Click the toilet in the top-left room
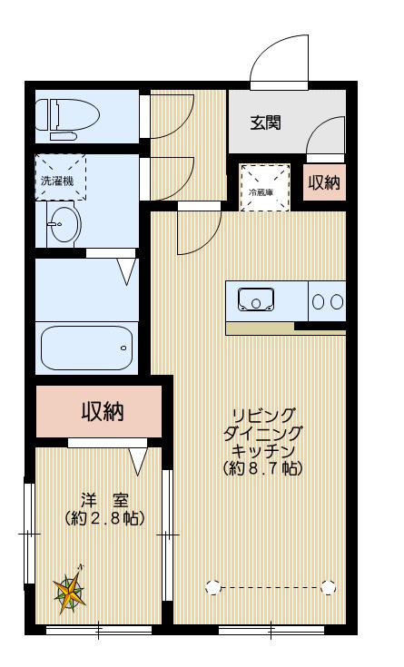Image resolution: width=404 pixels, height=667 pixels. coord(68,116)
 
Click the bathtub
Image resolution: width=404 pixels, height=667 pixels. coord(87,345)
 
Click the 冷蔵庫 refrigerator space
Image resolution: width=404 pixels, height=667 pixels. coord(266,187)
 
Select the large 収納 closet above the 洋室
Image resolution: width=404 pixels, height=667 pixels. coord(100,411)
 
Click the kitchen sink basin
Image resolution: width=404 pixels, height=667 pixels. coord(257,299)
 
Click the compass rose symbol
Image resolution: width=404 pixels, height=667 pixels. coord(72,592)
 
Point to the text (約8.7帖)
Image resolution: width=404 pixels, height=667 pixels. coord(261,469)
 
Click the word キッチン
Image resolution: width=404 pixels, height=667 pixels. coord(261,451)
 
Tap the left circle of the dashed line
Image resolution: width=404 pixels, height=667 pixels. coord(212,587)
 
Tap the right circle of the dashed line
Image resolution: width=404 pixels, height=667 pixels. coord(327,587)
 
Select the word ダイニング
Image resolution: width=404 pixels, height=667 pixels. coord(261,433)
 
